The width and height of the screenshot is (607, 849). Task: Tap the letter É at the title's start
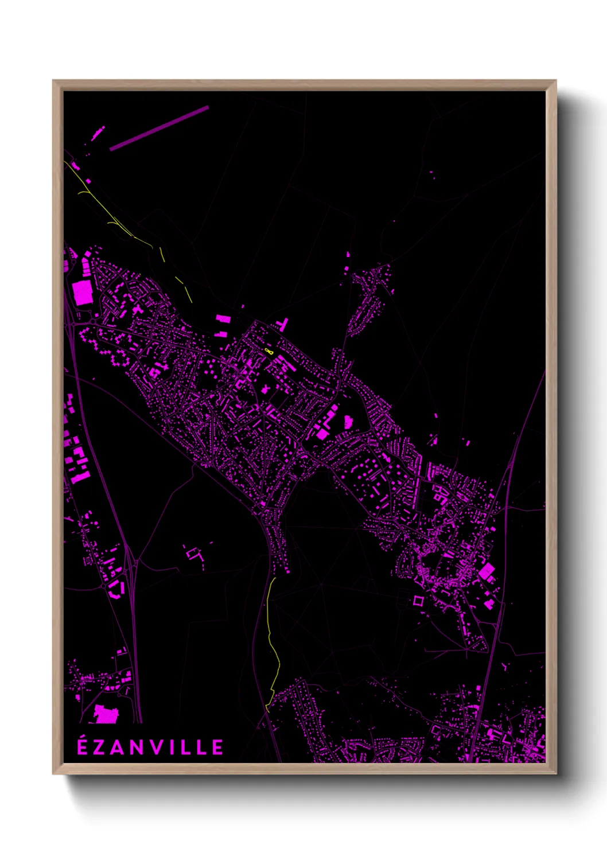click(83, 747)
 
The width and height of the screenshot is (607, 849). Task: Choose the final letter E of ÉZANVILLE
click(217, 747)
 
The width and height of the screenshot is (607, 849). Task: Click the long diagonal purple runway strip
click(159, 128)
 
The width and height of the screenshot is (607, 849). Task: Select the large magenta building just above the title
click(106, 715)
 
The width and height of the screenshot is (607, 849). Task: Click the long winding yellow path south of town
click(273, 642)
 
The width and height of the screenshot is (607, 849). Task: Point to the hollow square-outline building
click(418, 601)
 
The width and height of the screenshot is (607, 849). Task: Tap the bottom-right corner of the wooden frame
click(555, 773)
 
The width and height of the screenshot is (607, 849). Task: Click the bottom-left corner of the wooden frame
click(54, 773)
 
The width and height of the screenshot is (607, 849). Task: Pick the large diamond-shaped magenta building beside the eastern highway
click(487, 571)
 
